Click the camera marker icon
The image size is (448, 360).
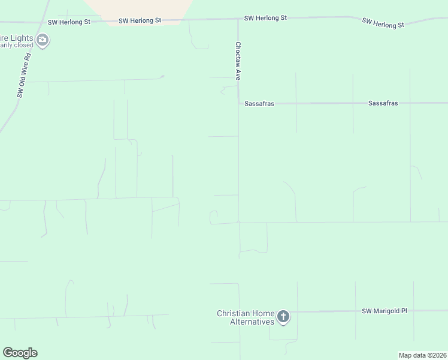(x=42, y=40)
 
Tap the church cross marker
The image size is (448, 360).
(x=283, y=316)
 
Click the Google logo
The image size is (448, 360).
(x=20, y=353)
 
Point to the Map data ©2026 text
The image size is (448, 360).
(x=422, y=355)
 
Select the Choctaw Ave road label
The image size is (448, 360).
(x=238, y=61)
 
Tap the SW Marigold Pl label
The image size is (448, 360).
(x=384, y=311)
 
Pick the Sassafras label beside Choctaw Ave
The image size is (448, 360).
(x=259, y=104)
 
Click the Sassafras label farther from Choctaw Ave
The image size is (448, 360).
(x=383, y=103)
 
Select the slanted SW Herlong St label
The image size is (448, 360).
(x=383, y=23)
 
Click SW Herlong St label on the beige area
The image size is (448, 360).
(x=140, y=20)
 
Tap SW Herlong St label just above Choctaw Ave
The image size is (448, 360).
(x=265, y=18)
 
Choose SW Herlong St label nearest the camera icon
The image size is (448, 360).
(x=69, y=22)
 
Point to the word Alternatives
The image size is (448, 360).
(x=252, y=322)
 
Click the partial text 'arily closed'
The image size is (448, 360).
(x=16, y=44)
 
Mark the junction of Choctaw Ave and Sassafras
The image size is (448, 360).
(x=239, y=103)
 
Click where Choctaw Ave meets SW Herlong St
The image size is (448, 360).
(x=238, y=19)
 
